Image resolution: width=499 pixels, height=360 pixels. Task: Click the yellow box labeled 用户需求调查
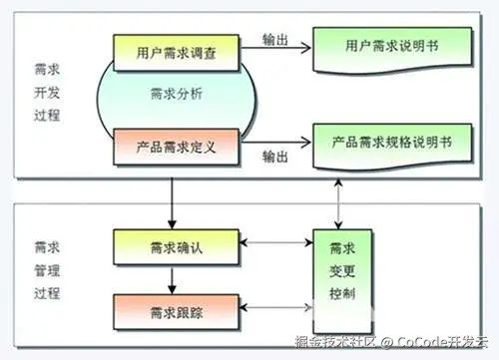pos(176,53)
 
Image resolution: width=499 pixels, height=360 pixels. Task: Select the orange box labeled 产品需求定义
pos(176,147)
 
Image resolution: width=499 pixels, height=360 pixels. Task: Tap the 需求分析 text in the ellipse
pos(177,94)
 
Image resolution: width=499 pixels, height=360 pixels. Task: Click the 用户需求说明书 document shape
pos(392,50)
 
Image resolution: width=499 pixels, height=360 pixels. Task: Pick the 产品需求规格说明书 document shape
pos(392,147)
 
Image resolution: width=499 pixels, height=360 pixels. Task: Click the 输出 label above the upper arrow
pos(275,40)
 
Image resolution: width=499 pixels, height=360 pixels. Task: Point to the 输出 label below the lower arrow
pos(275,157)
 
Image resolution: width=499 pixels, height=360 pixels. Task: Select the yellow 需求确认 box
pos(176,247)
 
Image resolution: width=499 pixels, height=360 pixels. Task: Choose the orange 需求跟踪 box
pos(176,312)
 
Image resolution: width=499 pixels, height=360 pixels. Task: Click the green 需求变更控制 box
pos(342,281)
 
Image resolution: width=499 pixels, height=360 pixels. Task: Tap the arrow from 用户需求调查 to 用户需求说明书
pos(275,48)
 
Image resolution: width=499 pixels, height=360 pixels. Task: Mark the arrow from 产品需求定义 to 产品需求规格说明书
pos(275,143)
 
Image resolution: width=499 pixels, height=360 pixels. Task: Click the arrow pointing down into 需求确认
pos(172,203)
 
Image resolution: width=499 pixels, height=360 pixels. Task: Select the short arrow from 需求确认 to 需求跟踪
pos(172,280)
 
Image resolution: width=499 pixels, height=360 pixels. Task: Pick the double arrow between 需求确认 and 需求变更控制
pos(276,242)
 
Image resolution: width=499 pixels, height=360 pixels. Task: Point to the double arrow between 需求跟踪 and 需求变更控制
pos(276,307)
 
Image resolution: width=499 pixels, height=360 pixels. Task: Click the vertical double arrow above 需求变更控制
pos(338,204)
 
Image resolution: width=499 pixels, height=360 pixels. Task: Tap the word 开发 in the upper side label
pos(47,93)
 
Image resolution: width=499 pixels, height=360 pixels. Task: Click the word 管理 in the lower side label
pos(47,270)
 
